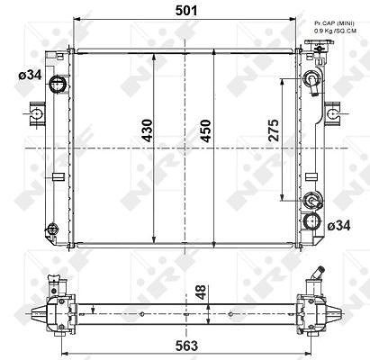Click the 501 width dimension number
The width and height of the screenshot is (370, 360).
click(186, 11)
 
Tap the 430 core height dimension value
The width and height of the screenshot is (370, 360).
click(148, 130)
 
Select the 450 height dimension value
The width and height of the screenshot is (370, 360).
click(206, 130)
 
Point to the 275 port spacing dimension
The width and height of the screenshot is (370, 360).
click(274, 130)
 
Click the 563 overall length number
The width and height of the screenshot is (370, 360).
click(186, 346)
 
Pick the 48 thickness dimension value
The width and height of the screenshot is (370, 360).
click(202, 292)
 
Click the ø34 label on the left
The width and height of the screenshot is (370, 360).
click(30, 75)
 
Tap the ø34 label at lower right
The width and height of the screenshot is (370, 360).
click(338, 226)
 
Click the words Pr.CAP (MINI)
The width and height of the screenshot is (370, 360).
click(334, 23)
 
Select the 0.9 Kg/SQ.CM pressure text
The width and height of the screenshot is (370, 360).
click(335, 31)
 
